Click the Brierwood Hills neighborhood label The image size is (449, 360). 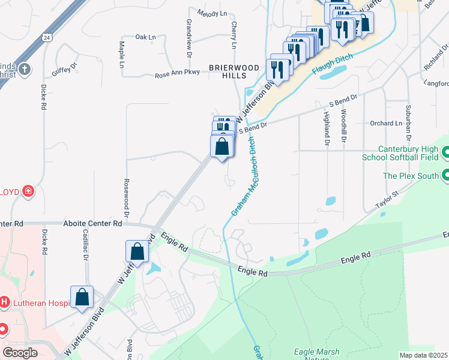(x=228, y=71)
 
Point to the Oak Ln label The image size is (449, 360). (x=145, y=37)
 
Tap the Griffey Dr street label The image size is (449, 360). (x=65, y=69)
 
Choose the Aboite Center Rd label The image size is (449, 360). (x=92, y=223)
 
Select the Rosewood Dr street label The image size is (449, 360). (x=127, y=197)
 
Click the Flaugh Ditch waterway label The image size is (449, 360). (x=331, y=64)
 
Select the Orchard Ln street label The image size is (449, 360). (x=386, y=124)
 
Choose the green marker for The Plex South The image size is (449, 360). (x=445, y=176)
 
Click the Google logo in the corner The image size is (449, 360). (x=20, y=352)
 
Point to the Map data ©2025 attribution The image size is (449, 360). (x=423, y=355)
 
